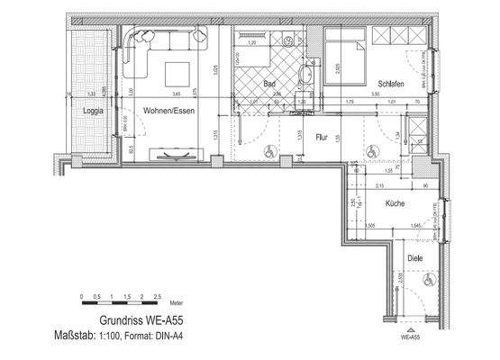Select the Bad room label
(269, 84)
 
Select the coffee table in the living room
(176, 73)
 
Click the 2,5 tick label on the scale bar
(158, 295)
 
